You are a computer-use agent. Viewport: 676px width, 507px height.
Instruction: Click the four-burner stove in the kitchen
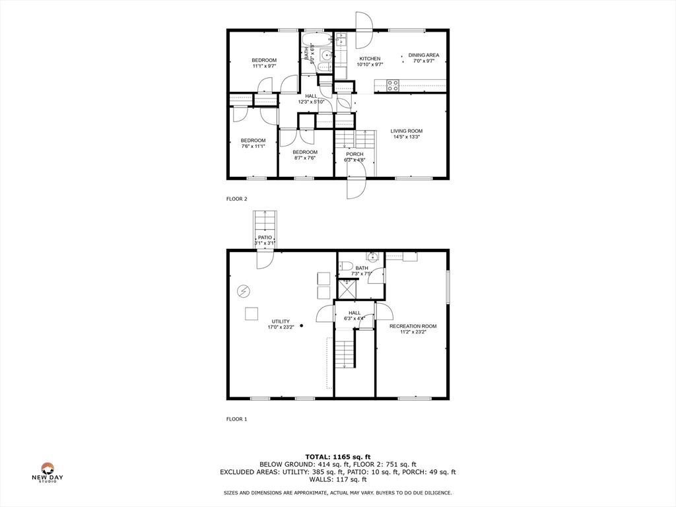pos(393,85)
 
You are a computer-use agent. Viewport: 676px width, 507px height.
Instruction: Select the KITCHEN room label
pos(369,59)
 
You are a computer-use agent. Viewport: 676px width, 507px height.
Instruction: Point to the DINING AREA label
pos(423,55)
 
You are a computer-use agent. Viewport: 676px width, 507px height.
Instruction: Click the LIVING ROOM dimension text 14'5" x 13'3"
pos(406,137)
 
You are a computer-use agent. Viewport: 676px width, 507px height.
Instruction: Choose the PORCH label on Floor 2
pos(355,154)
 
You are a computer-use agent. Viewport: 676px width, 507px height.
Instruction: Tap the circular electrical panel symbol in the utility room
pos(243,290)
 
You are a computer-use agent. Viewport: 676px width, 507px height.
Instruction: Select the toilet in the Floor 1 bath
pos(345,266)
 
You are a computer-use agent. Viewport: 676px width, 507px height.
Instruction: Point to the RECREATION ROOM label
pos(413,326)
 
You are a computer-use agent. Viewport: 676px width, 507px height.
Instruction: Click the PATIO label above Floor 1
pos(265,238)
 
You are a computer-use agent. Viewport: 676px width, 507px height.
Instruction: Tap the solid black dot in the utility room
pos(302,325)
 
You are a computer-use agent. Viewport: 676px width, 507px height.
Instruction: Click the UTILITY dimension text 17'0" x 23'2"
pos(281,327)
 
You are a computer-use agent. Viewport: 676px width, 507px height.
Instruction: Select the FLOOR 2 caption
pos(236,199)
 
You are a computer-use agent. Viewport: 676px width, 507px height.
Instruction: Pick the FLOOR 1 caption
pos(236,419)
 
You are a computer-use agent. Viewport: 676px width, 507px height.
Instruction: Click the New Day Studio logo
pos(47,472)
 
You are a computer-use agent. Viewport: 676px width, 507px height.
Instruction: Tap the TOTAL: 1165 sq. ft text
pos(337,457)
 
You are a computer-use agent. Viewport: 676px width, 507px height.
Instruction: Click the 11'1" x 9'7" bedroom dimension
pos(264,66)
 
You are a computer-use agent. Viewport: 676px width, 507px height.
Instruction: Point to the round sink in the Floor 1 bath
pos(372,253)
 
